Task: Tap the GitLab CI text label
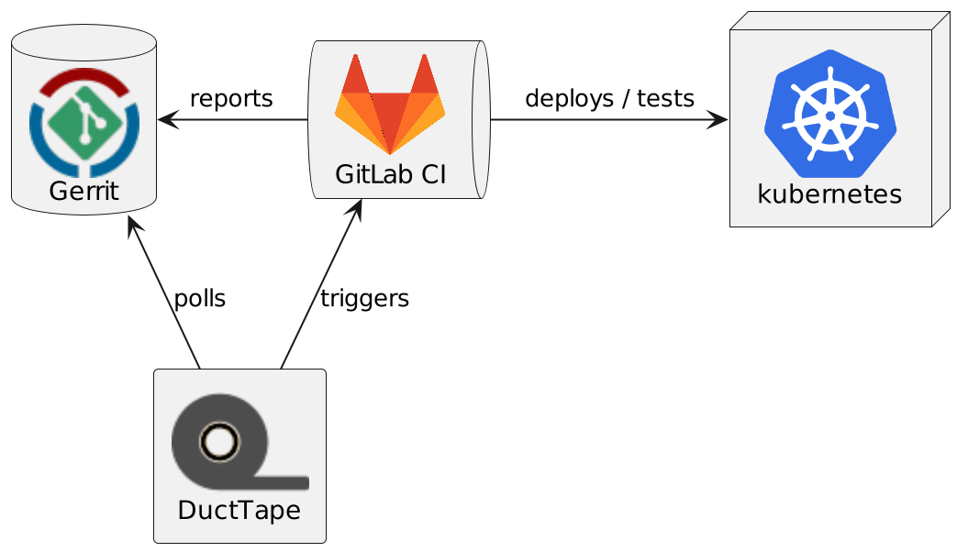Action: coord(390,173)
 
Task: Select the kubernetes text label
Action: coord(829,194)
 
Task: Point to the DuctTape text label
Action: coord(239,511)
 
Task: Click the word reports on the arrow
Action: coord(231,98)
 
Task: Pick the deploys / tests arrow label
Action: coord(609,98)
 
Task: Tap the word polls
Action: coord(199,298)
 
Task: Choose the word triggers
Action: coord(364,298)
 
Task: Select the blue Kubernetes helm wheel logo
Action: coord(829,115)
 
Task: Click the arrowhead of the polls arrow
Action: coord(134,226)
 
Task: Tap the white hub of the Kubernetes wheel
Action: coord(829,116)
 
